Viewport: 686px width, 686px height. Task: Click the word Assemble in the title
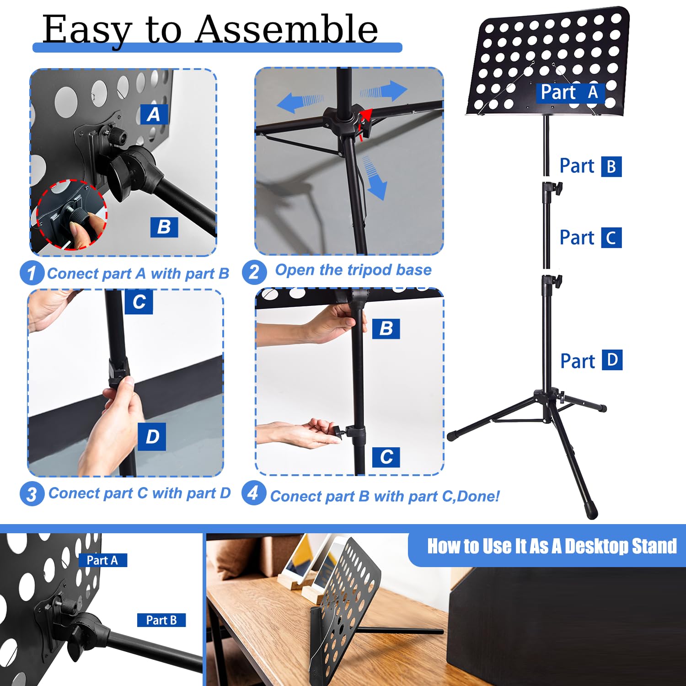(x=287, y=29)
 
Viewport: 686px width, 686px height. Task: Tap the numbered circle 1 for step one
(x=32, y=273)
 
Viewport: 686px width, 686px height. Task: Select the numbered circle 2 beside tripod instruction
(x=254, y=272)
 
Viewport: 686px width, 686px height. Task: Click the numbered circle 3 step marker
(x=32, y=494)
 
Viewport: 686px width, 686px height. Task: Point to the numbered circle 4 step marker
(x=253, y=493)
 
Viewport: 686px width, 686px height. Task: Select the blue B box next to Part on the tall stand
(x=611, y=166)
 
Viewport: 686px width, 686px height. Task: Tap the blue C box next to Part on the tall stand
(x=611, y=238)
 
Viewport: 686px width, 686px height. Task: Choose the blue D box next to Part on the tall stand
(x=612, y=360)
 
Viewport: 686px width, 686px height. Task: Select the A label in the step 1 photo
(x=154, y=114)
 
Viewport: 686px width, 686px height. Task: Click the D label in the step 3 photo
(x=152, y=437)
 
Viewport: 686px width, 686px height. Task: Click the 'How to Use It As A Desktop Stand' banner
(x=552, y=546)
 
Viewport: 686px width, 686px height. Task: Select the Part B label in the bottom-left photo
(x=161, y=620)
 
